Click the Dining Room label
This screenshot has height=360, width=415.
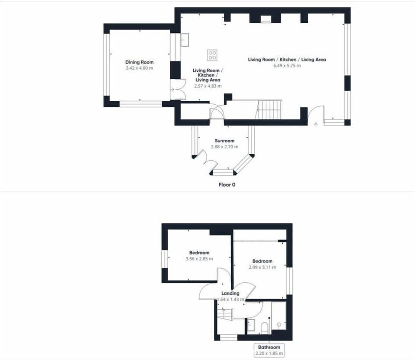[139, 62]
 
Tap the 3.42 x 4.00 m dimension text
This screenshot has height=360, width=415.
[139, 68]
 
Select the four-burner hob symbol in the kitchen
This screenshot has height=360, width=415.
[212, 55]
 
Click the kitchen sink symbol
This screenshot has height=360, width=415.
[185, 40]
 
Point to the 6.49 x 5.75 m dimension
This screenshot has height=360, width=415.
[287, 65]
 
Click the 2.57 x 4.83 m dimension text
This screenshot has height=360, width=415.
[208, 86]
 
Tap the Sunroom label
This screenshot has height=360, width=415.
[224, 141]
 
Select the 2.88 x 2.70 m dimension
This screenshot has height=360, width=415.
[224, 147]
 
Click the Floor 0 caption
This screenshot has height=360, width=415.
[227, 185]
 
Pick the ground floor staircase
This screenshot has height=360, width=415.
[268, 109]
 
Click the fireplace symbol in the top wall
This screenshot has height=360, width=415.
[265, 19]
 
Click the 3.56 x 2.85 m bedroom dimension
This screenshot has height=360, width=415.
[199, 259]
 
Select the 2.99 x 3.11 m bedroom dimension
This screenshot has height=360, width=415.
[262, 267]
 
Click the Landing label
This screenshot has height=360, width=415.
[230, 293]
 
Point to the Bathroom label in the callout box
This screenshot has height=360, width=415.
[269, 347]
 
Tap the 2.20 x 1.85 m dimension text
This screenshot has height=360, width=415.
[269, 354]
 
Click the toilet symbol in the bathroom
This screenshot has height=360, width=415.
[265, 328]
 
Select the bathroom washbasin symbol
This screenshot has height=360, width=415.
[251, 325]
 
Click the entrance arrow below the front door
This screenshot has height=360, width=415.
[316, 125]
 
